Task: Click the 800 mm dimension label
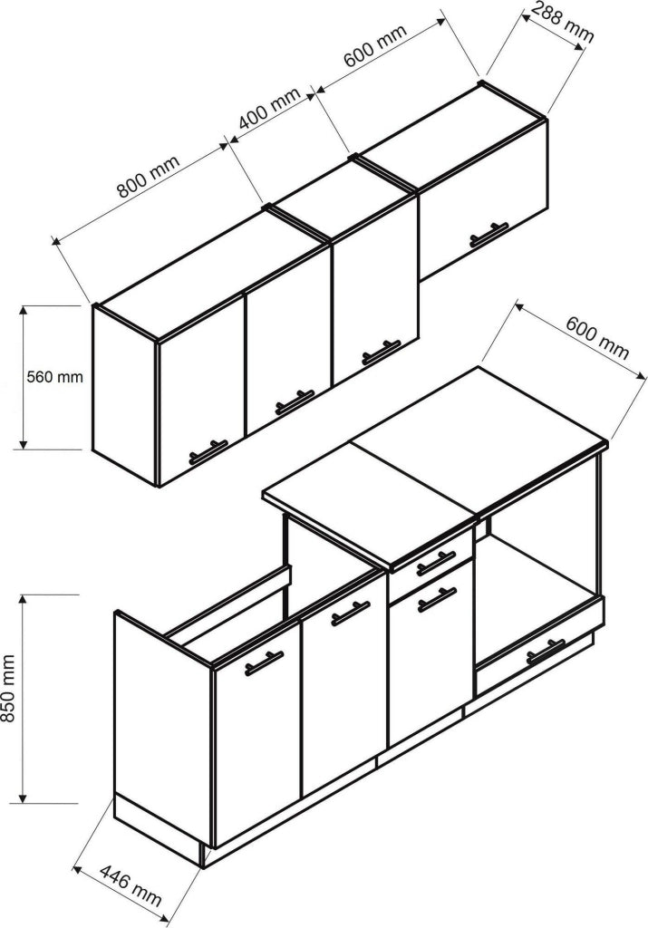148,177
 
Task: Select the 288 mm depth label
562,22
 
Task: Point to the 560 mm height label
55,376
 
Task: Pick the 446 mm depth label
130,885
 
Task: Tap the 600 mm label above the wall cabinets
375,45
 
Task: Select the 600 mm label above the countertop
597,337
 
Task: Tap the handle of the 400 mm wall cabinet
382,352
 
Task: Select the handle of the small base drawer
436,563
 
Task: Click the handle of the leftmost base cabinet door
264,662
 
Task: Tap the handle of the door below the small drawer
437,600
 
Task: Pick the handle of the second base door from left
351,614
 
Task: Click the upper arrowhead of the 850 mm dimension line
23,600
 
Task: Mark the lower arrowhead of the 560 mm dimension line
23,442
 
